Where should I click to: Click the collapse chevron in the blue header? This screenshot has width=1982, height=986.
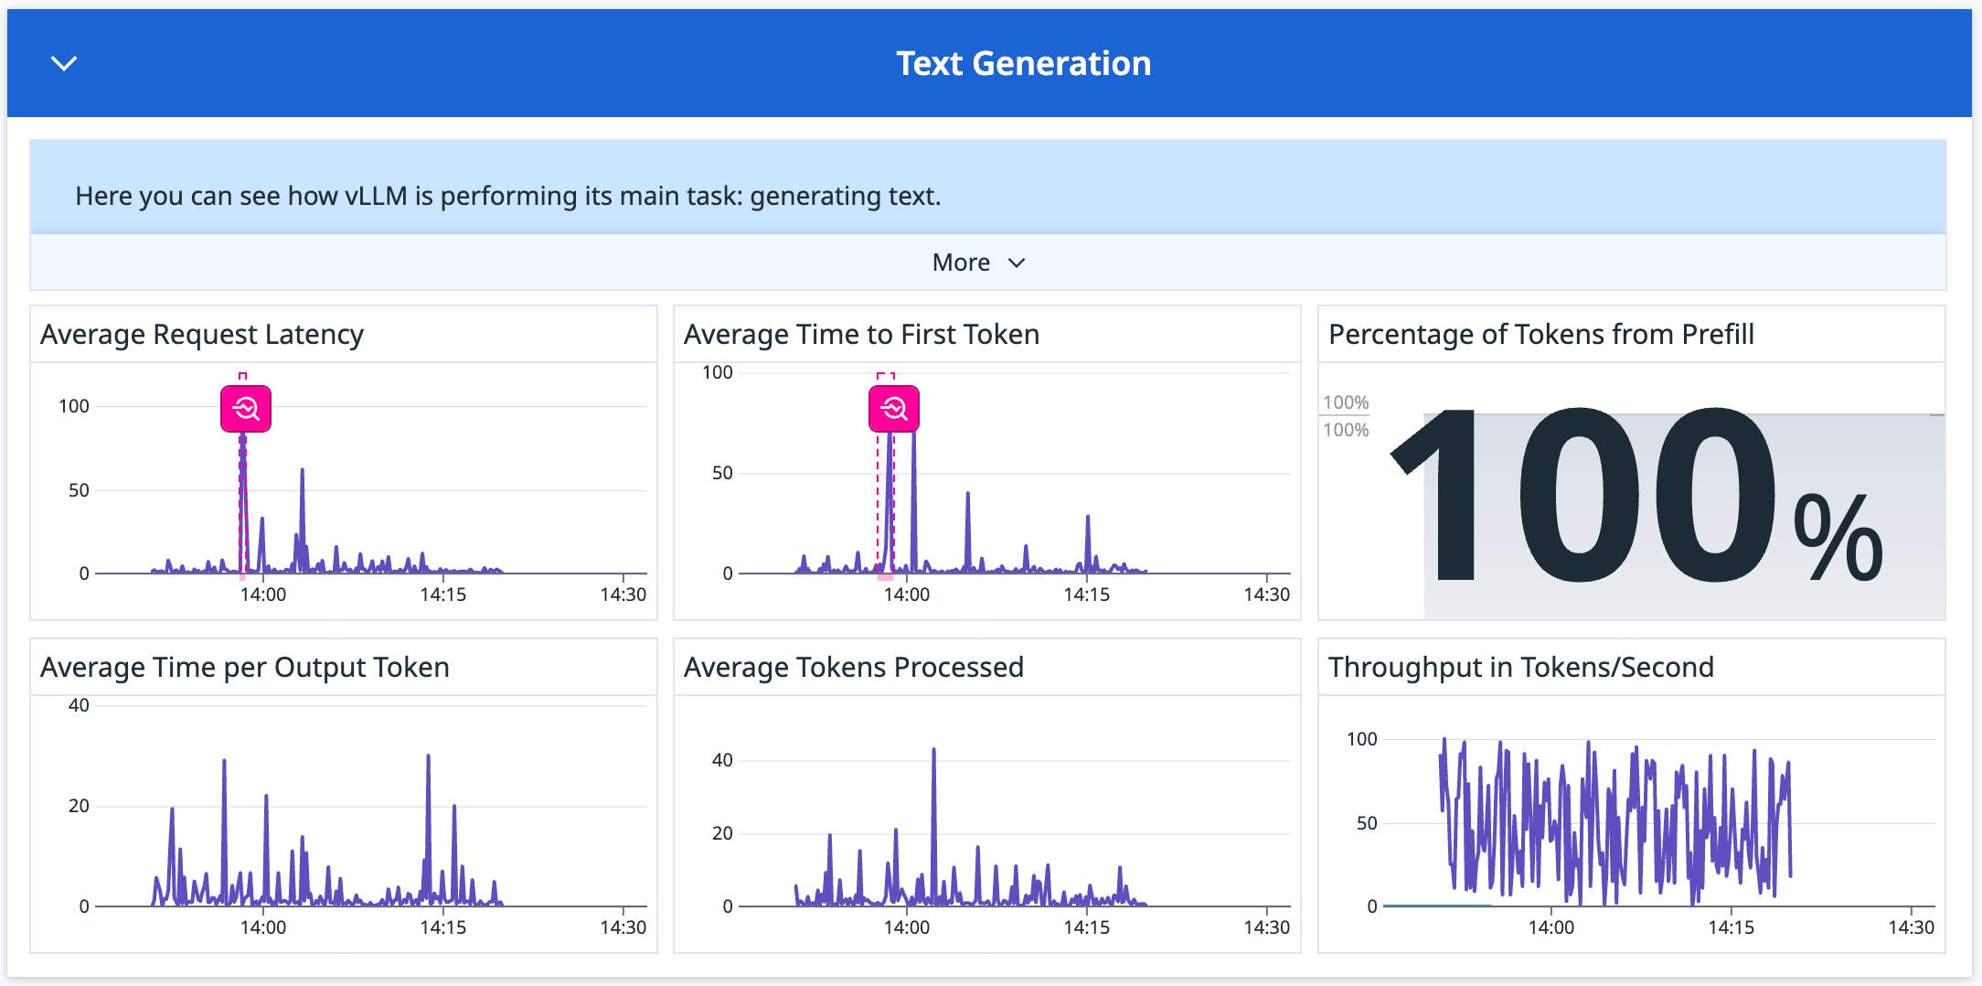[x=64, y=63]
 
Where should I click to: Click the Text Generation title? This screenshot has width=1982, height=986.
[x=1023, y=63]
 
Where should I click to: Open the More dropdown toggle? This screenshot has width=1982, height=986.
[x=978, y=263]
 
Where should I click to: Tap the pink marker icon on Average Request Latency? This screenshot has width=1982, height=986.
[x=246, y=408]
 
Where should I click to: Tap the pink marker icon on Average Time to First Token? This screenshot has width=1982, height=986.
[x=893, y=408]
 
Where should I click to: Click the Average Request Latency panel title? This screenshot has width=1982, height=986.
[x=202, y=334]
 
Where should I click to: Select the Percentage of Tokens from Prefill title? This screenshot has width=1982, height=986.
[x=1540, y=334]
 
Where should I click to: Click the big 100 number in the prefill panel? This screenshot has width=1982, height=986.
[x=1582, y=497]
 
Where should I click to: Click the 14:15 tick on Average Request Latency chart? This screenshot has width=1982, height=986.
[x=442, y=595]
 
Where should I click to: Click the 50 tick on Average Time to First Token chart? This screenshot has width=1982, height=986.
[x=722, y=473]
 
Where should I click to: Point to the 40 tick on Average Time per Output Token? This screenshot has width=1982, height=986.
[x=80, y=705]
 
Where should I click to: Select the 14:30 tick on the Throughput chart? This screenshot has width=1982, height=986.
[x=1911, y=927]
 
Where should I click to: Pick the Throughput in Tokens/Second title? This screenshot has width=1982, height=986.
[x=1520, y=667]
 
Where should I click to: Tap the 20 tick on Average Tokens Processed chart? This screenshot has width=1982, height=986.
[x=722, y=833]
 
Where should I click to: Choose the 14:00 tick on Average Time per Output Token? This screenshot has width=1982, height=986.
[x=263, y=927]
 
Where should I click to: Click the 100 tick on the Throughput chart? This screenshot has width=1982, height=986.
[x=1361, y=739]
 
